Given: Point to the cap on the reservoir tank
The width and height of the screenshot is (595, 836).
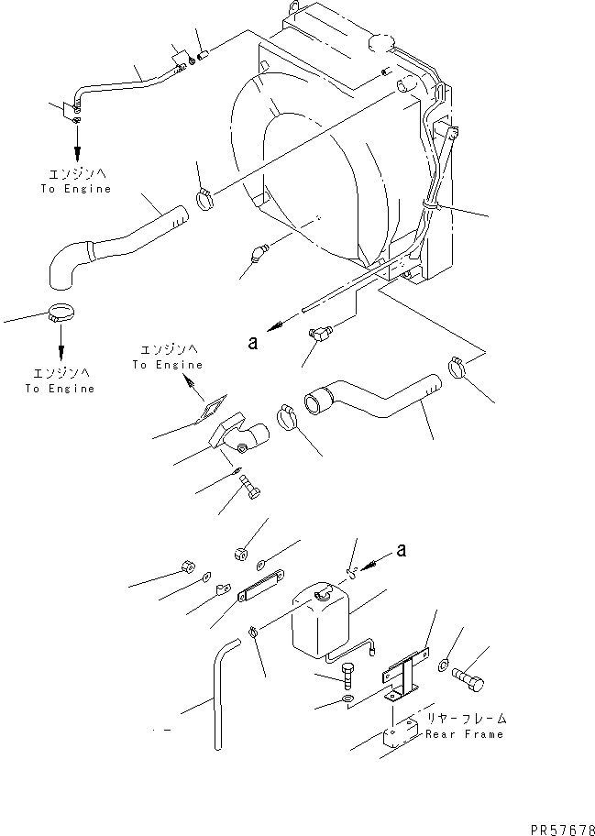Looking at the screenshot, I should (326, 597).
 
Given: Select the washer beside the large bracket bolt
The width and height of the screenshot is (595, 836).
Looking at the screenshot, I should (446, 665).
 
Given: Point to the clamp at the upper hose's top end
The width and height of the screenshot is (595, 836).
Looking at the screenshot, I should (205, 195).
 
